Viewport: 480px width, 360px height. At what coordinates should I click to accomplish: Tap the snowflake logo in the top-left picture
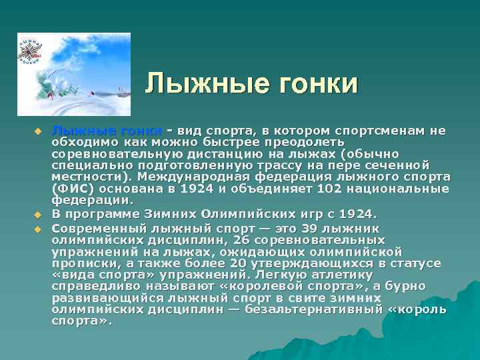click(30, 52)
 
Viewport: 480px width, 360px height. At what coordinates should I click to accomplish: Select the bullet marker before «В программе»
click(39, 215)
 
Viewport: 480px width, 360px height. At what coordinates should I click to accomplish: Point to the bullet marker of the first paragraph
click(39, 130)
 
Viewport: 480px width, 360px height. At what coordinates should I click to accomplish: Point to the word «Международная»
click(209, 177)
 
